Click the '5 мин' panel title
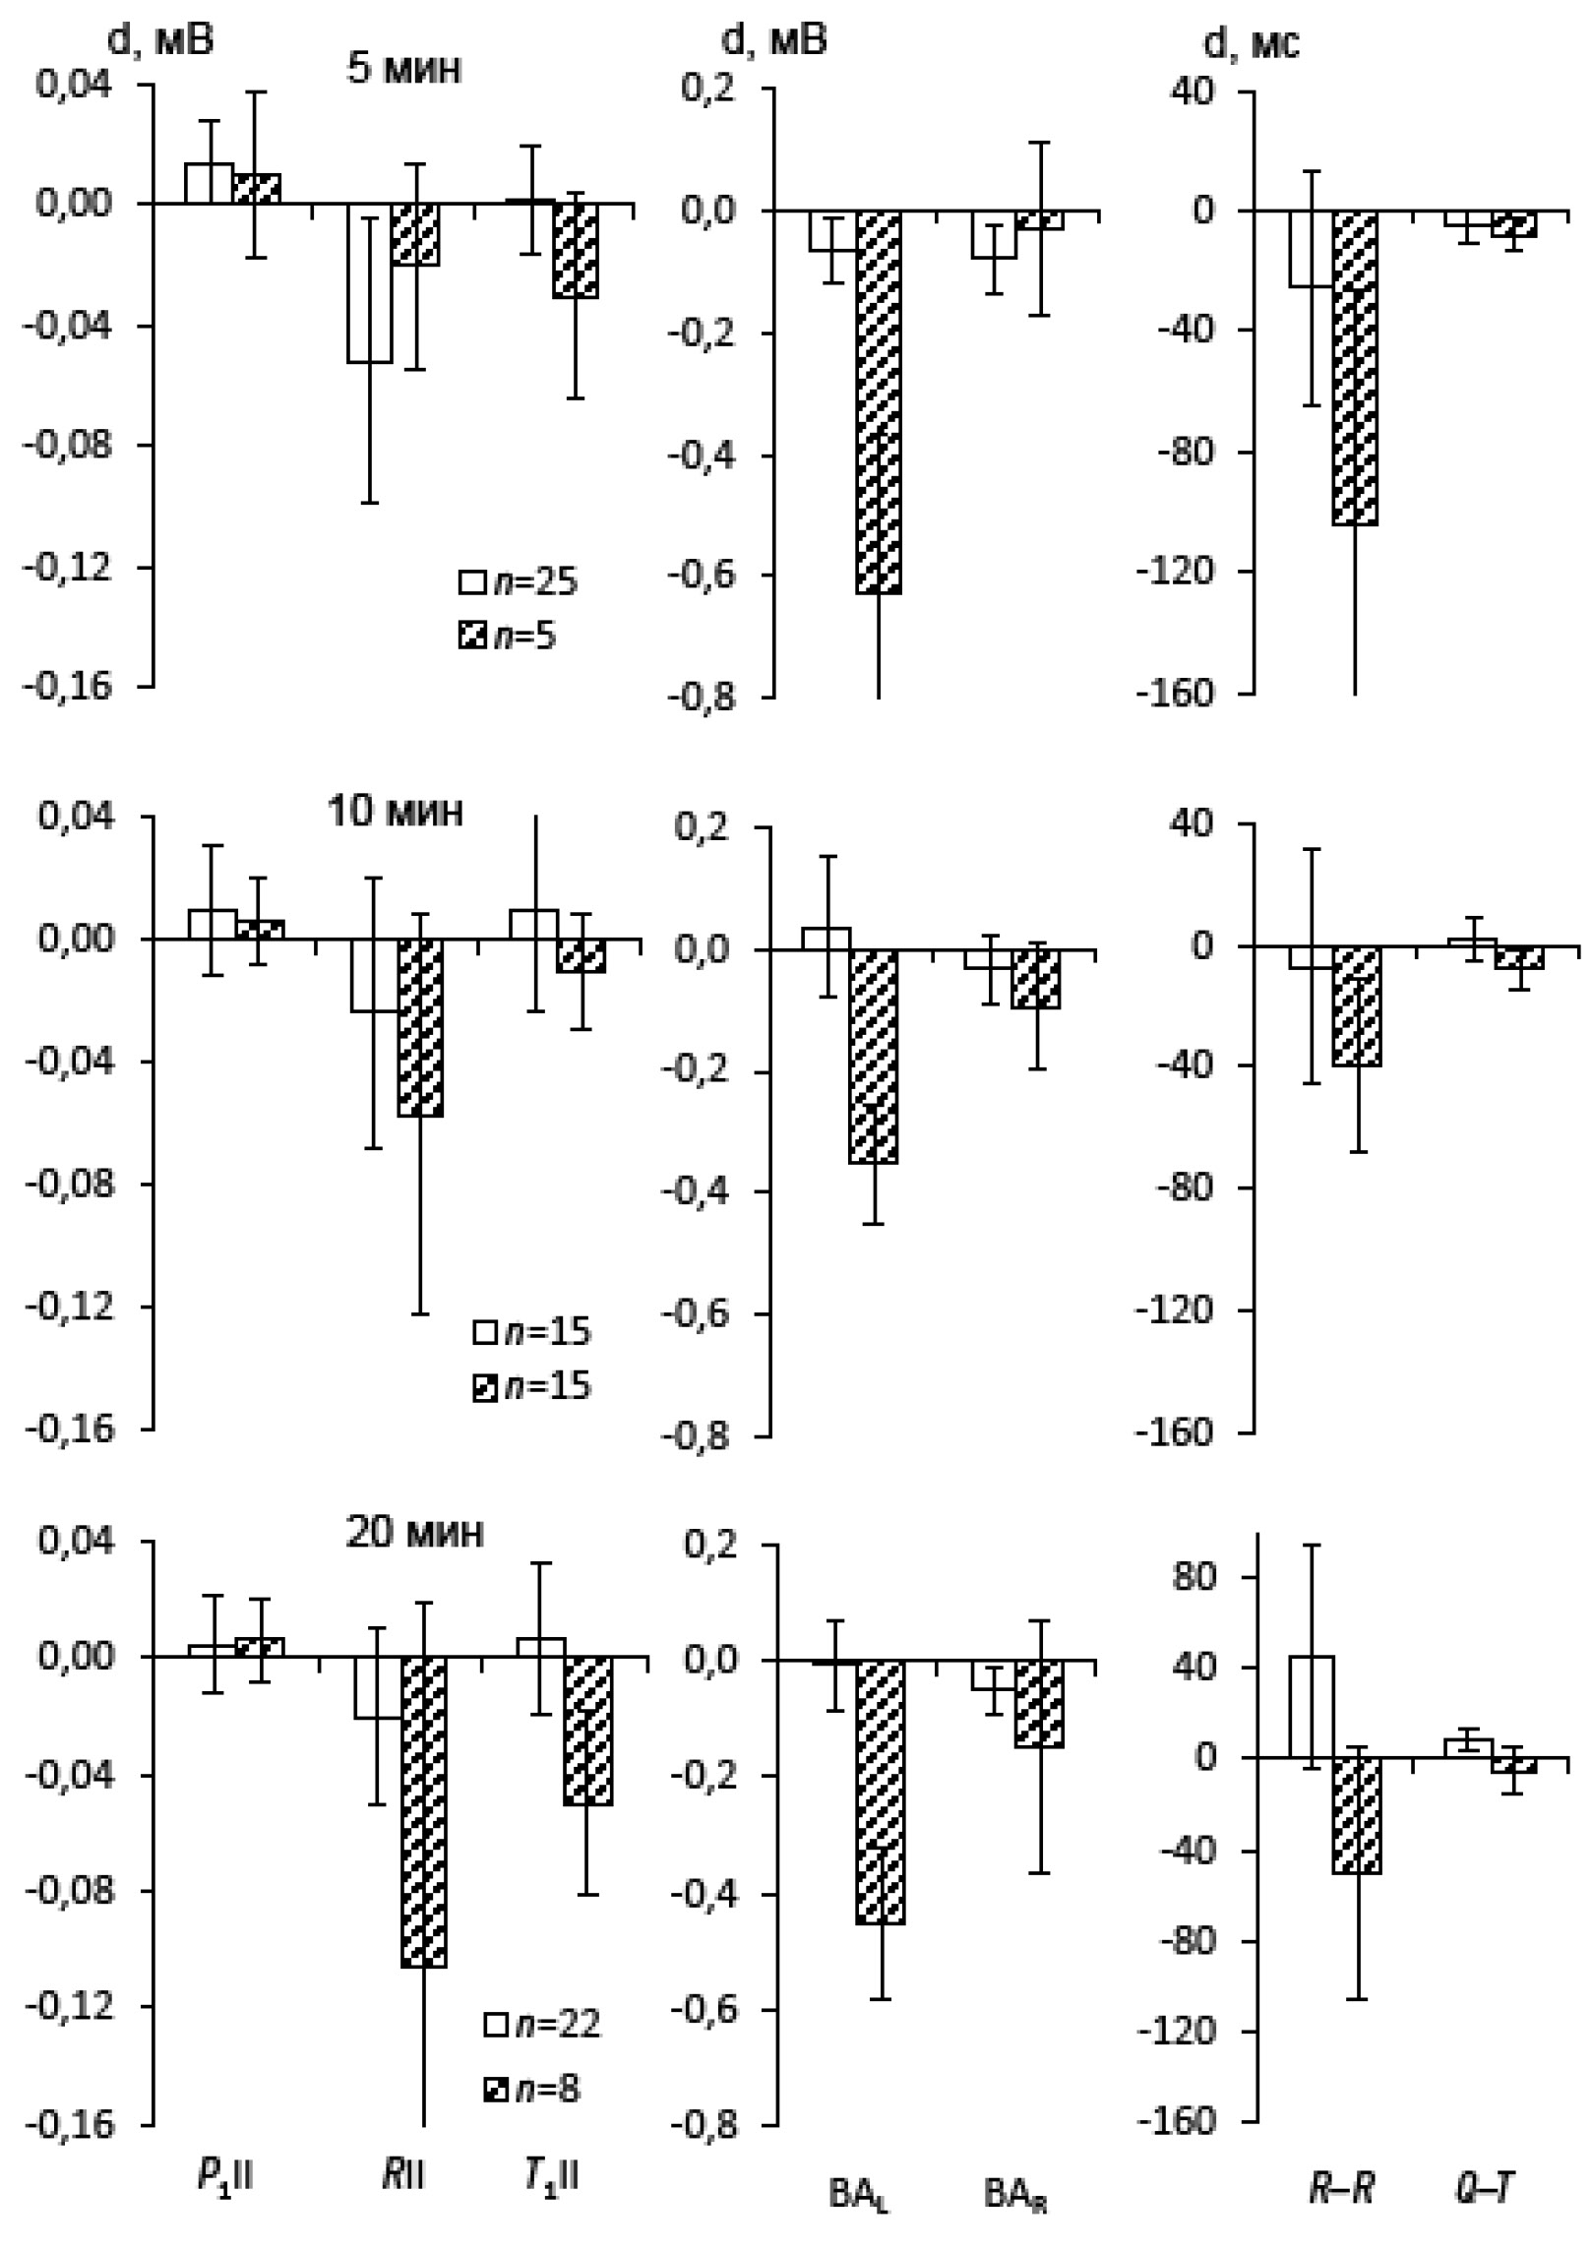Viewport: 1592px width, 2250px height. pyautogui.click(x=403, y=71)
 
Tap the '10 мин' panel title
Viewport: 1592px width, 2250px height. pyautogui.click(x=395, y=813)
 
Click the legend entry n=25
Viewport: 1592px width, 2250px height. pyautogui.click(x=519, y=581)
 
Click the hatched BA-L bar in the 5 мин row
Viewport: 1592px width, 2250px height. pyautogui.click(x=879, y=401)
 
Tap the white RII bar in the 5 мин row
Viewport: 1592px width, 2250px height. pyautogui.click(x=369, y=283)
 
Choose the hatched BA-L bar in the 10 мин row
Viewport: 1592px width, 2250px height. pyautogui.click(x=874, y=1056)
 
